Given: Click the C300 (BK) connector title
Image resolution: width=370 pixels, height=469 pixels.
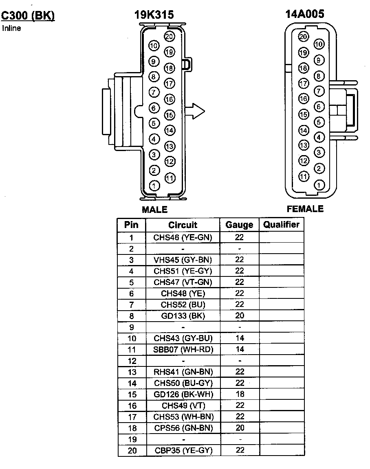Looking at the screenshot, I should click(x=28, y=16).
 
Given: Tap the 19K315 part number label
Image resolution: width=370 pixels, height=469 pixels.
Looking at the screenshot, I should click(x=154, y=15).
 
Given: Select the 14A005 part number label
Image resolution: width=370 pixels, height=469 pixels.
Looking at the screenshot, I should click(x=305, y=14).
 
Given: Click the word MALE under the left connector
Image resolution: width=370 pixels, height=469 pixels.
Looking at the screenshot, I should click(x=154, y=210).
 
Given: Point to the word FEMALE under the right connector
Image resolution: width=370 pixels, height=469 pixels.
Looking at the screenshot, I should click(x=305, y=209).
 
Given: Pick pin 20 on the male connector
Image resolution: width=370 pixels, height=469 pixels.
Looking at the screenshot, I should click(x=169, y=37).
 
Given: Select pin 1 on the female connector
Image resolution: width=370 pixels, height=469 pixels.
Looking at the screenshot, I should click(x=319, y=185).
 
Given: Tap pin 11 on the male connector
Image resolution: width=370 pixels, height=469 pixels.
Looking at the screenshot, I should click(x=170, y=178).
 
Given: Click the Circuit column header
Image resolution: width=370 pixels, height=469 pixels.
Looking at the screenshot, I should click(x=183, y=225).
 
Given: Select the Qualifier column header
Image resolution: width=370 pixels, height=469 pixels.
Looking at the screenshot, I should click(x=281, y=224).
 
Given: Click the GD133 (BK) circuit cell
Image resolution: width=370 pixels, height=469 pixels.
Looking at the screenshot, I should click(x=183, y=316).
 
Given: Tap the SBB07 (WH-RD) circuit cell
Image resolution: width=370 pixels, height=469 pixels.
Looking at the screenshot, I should click(x=183, y=349).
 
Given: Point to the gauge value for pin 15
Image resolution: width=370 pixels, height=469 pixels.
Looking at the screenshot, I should click(x=240, y=394).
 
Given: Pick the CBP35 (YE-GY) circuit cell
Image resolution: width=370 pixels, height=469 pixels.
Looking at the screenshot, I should click(x=183, y=450).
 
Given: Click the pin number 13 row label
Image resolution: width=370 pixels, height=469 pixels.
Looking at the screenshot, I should click(x=131, y=372).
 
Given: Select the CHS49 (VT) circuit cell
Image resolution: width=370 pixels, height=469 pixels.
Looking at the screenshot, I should click(x=183, y=405).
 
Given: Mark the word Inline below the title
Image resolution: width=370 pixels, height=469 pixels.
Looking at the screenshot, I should click(x=11, y=28).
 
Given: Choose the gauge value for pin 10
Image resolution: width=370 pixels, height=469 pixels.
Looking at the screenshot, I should click(x=240, y=338).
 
